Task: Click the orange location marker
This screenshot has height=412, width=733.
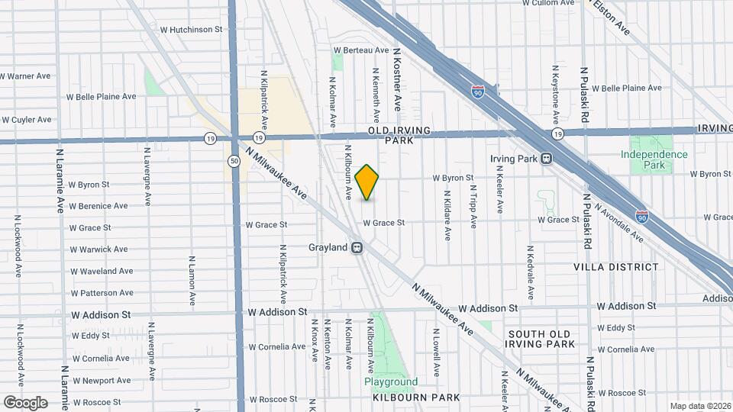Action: pyautogui.click(x=367, y=182)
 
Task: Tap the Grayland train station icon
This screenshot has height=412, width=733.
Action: pyautogui.click(x=357, y=248)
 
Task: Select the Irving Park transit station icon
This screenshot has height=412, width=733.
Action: pyautogui.click(x=546, y=159)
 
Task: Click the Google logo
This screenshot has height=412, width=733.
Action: pyautogui.click(x=25, y=402)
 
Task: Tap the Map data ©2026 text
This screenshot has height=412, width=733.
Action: pyautogui.click(x=700, y=406)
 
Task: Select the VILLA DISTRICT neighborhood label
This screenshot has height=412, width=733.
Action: pyautogui.click(x=616, y=267)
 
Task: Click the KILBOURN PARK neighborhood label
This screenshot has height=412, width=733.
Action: pyautogui.click(x=416, y=398)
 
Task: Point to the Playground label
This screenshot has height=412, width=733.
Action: pyautogui.click(x=390, y=381)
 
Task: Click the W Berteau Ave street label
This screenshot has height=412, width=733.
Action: pyautogui.click(x=361, y=50)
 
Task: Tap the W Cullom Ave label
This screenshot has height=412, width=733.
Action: pyautogui.click(x=548, y=3)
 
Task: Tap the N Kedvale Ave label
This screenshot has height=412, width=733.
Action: pyautogui.click(x=528, y=272)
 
